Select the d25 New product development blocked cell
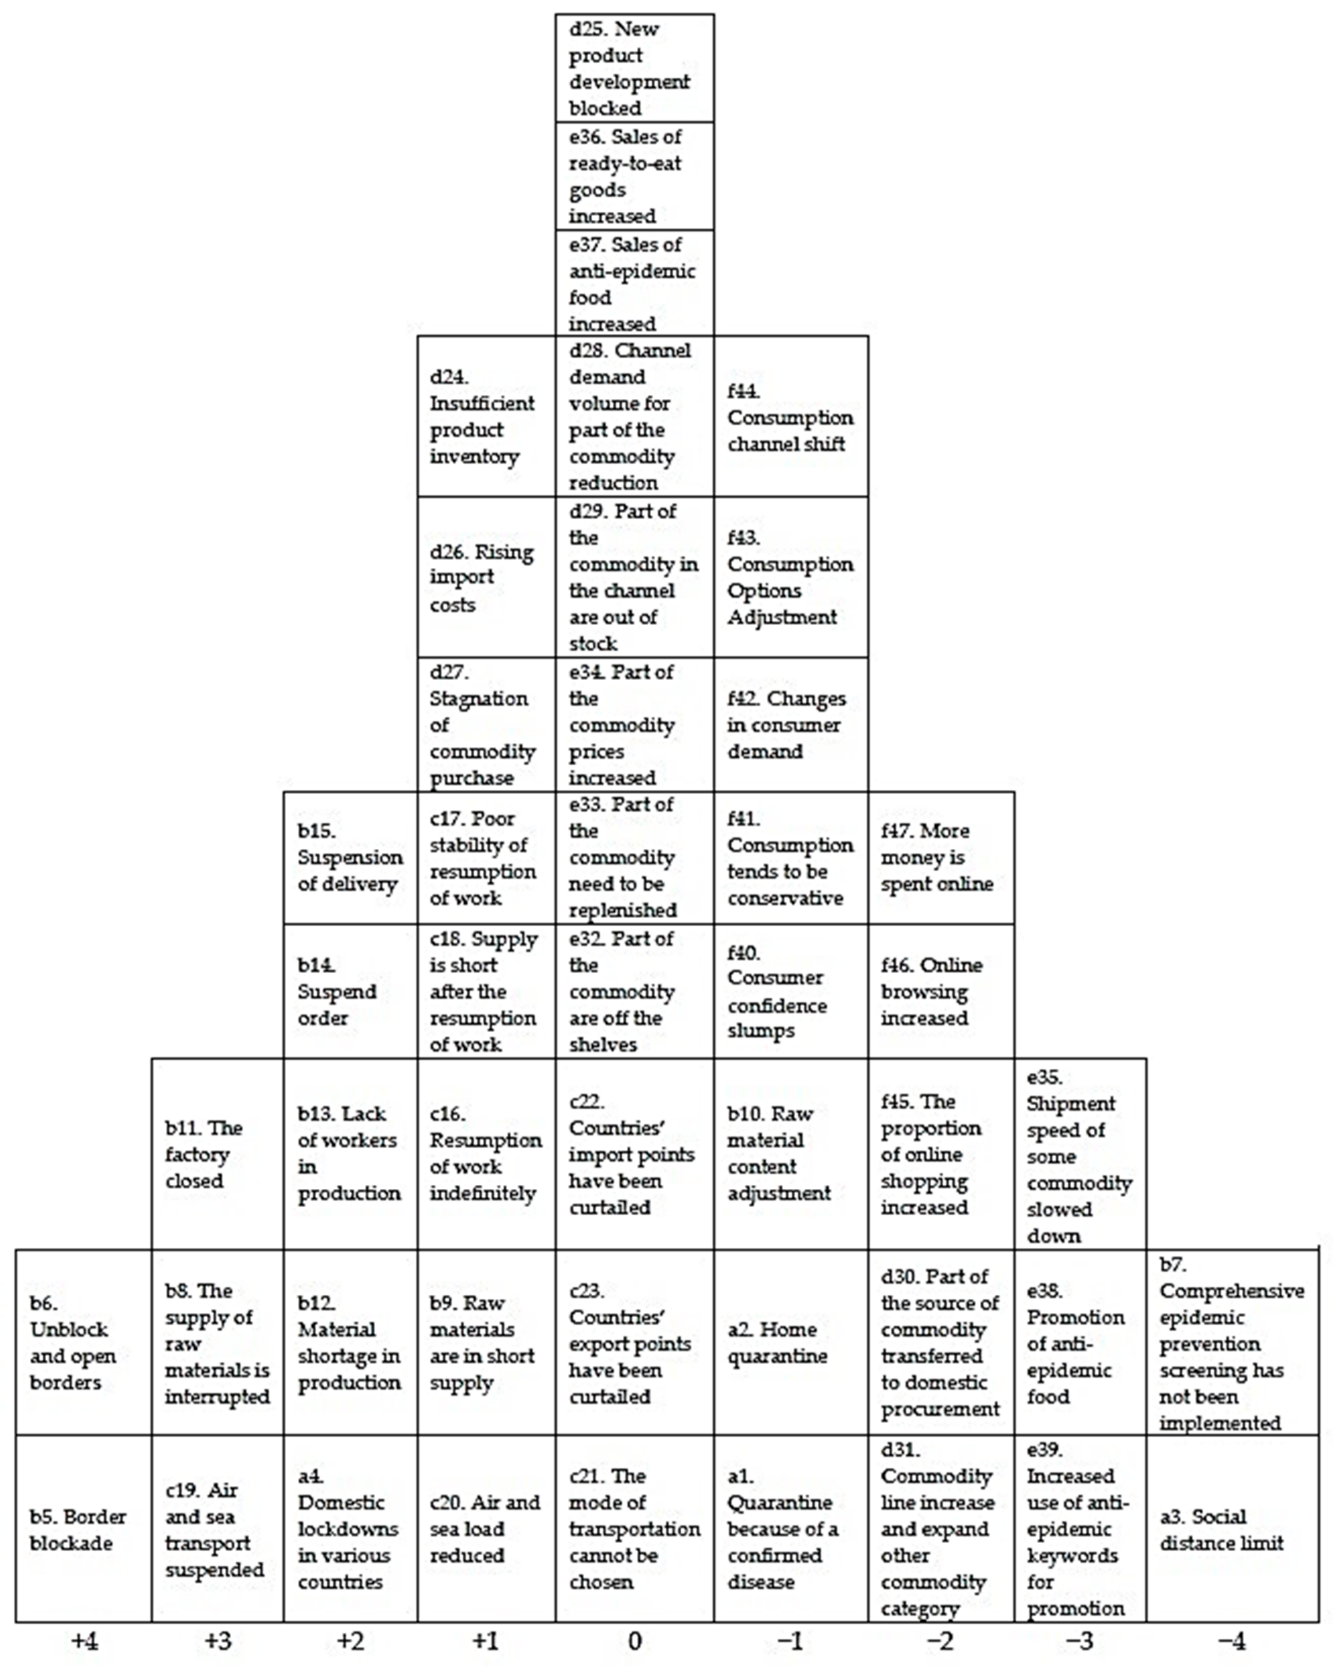click(x=635, y=68)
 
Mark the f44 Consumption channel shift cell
click(x=791, y=417)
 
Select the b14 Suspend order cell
click(x=350, y=991)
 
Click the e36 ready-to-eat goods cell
click(x=635, y=176)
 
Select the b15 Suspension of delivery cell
click(x=350, y=857)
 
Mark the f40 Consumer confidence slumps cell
click(x=791, y=991)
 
